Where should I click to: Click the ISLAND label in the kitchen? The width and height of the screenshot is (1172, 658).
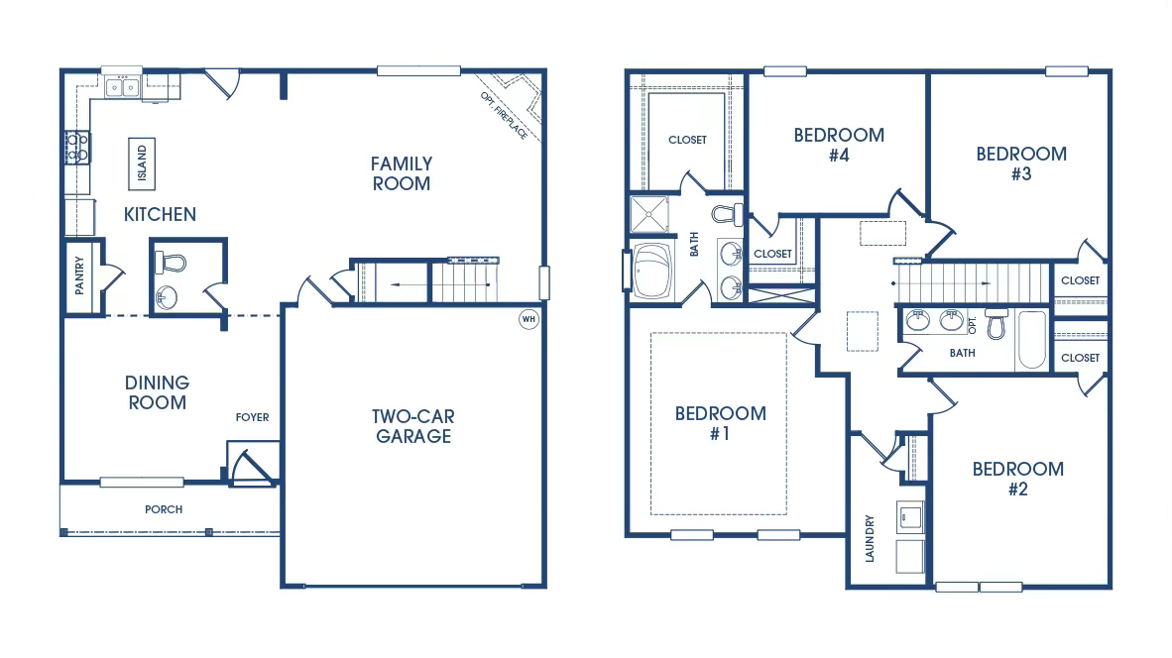click(x=142, y=164)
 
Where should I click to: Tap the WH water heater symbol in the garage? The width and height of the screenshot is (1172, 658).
click(x=528, y=319)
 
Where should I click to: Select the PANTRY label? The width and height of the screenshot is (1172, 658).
click(x=79, y=276)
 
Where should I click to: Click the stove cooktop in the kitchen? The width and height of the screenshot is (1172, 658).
click(x=77, y=148)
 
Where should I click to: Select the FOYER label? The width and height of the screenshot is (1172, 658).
click(x=252, y=417)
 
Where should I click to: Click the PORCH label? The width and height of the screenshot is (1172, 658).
click(x=164, y=509)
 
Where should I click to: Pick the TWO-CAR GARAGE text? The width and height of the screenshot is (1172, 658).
click(x=413, y=426)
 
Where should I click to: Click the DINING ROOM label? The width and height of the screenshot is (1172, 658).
click(x=157, y=392)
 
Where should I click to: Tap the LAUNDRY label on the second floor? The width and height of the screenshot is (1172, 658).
click(x=870, y=538)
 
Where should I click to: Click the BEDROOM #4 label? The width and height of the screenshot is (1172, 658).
click(x=839, y=145)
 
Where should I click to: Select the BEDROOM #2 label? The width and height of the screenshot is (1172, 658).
click(x=1017, y=479)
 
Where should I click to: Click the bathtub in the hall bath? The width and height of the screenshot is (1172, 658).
click(x=1032, y=340)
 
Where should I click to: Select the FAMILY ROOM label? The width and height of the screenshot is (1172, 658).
click(x=402, y=173)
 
